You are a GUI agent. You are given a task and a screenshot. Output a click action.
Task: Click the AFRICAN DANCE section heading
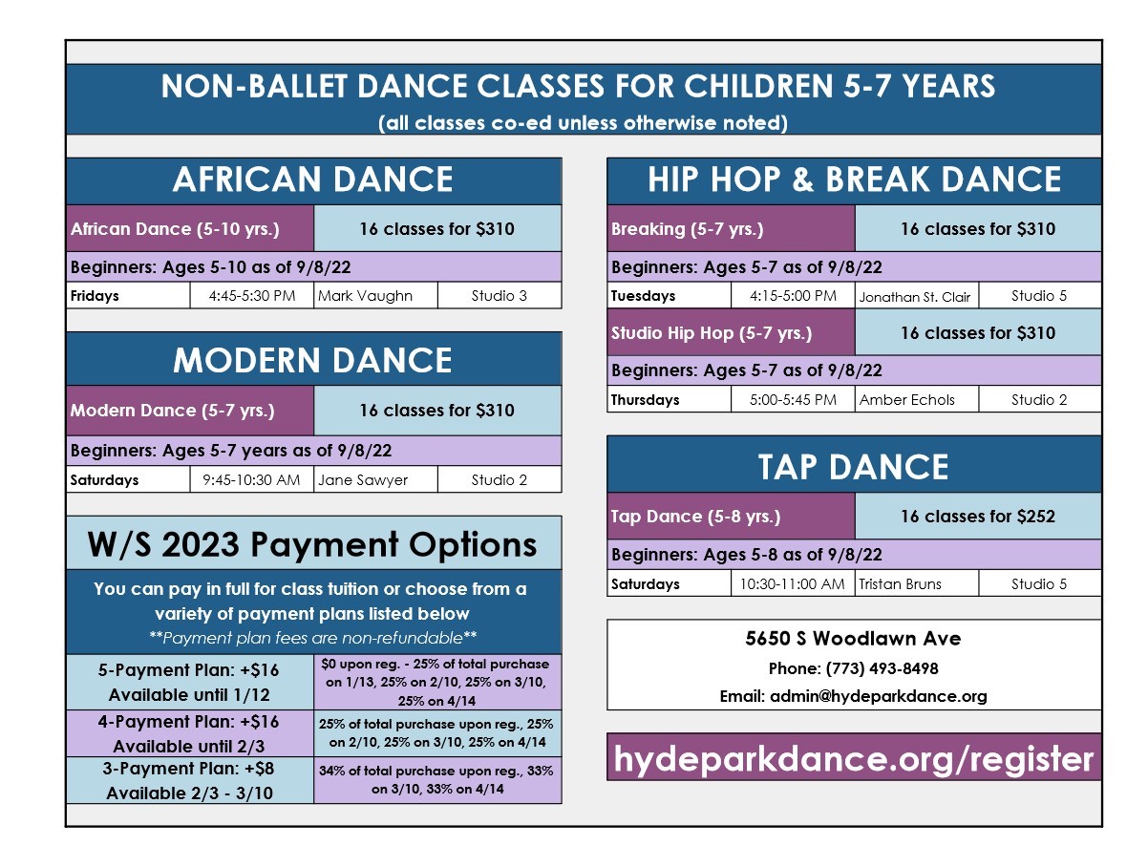click(x=313, y=179)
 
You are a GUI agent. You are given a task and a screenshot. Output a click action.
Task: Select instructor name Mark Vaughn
click(x=365, y=296)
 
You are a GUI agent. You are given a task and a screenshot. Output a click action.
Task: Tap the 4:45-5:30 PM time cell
click(x=251, y=296)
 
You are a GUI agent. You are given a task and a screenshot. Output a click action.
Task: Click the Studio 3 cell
click(x=500, y=296)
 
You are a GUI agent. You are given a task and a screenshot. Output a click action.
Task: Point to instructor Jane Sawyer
click(x=363, y=480)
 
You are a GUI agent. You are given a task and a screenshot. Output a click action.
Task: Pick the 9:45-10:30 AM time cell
click(x=251, y=480)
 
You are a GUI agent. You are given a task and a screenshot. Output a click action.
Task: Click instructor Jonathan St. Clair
click(x=915, y=297)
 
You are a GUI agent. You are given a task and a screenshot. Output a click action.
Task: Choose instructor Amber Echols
click(x=907, y=400)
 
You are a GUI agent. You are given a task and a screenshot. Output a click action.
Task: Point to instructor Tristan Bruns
click(x=900, y=584)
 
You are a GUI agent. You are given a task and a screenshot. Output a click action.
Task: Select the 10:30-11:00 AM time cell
click(x=793, y=584)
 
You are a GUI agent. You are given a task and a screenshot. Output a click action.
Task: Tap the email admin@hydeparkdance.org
click(x=879, y=696)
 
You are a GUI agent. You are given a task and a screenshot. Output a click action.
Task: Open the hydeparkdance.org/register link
click(x=854, y=758)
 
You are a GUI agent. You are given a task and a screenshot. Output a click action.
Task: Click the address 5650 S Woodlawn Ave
click(x=853, y=638)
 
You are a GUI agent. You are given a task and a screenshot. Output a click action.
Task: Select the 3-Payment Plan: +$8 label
click(x=188, y=768)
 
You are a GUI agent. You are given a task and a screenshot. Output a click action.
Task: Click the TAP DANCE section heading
click(x=854, y=467)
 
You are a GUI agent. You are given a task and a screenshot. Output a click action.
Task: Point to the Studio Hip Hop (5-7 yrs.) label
click(x=712, y=333)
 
